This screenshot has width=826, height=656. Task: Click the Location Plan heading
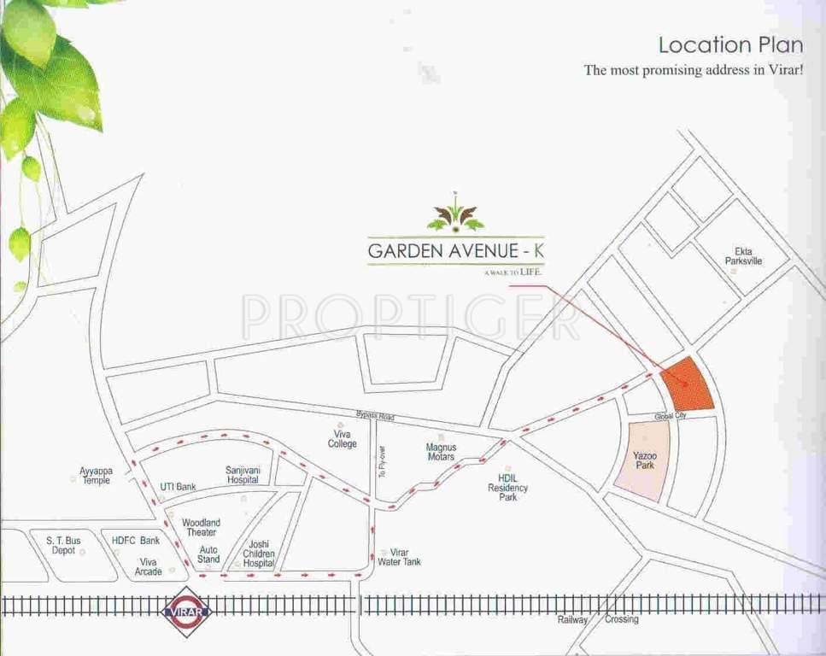pos(730,44)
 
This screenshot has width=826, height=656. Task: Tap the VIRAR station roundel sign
pos(189,611)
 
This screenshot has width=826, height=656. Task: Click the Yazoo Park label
pos(645,461)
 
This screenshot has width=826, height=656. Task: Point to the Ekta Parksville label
pos(742,256)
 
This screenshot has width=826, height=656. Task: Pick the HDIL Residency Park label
pos(507,488)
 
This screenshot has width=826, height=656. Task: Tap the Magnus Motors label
pos(441,452)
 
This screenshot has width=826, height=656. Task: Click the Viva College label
pos(343,439)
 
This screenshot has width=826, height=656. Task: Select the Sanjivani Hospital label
pos(243,475)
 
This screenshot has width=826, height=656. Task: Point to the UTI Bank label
pos(178,487)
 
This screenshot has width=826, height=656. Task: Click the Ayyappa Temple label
pos(95,476)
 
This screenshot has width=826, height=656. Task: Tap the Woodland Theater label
pos(201,527)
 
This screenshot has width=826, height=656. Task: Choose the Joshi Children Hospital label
pos(259,553)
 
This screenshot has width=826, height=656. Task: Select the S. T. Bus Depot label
pos(62,545)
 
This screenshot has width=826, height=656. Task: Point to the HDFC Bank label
pos(136,541)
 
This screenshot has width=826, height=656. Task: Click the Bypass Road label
pos(375,417)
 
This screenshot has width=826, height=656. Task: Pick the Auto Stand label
pos(208,555)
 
